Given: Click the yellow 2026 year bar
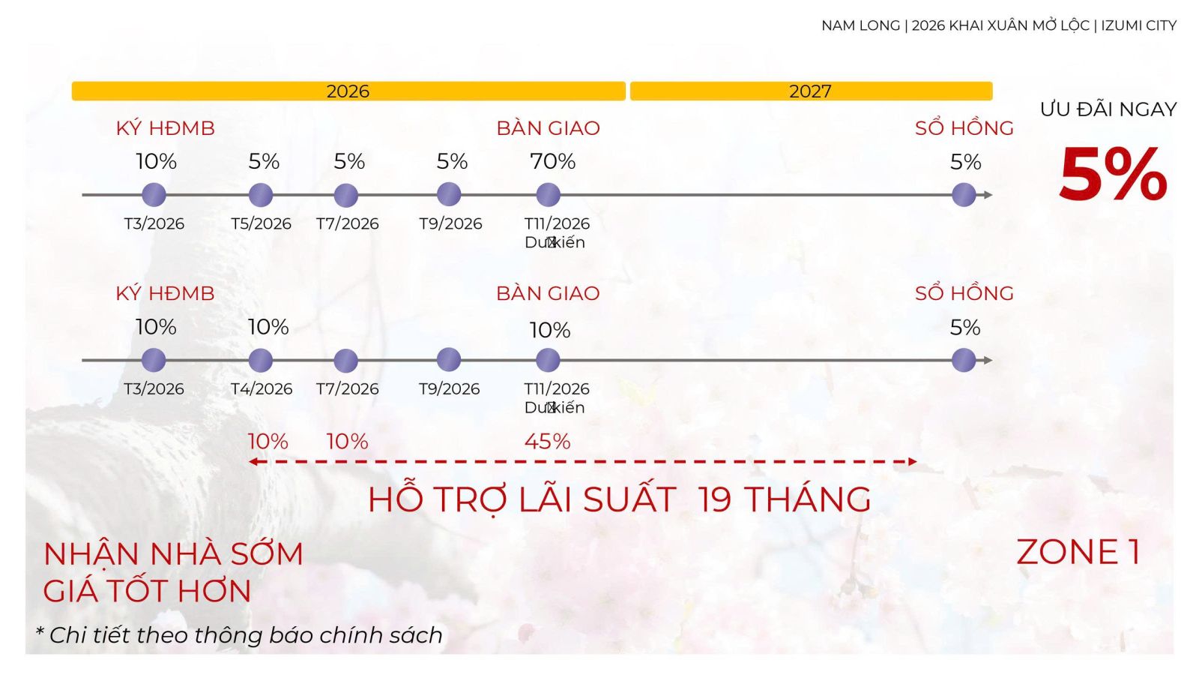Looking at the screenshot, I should pyautogui.click(x=348, y=91).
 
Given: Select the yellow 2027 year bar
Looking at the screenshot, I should pyautogui.click(x=811, y=91).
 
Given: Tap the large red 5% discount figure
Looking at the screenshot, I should pyautogui.click(x=1113, y=175).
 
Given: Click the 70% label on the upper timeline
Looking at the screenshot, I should pyautogui.click(x=552, y=161).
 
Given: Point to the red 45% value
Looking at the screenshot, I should pyautogui.click(x=547, y=441).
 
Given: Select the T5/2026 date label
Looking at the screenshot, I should pyautogui.click(x=261, y=223).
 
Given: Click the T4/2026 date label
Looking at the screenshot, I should pyautogui.click(x=261, y=388).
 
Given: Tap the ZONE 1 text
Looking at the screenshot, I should pyautogui.click(x=1078, y=552).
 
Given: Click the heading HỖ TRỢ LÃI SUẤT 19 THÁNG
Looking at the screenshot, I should pyautogui.click(x=619, y=499).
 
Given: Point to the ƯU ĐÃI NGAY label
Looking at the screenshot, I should pyautogui.click(x=1108, y=109).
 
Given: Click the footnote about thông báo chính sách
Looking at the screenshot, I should pyautogui.click(x=240, y=635).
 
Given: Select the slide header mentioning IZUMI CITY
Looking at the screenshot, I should pyautogui.click(x=999, y=25).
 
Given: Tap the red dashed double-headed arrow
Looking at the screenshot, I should pyautogui.click(x=582, y=461).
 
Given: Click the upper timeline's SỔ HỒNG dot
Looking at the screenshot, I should pyautogui.click(x=964, y=195).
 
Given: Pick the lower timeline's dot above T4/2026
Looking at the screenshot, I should pyautogui.click(x=260, y=360).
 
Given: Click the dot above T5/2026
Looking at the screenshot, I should pyautogui.click(x=260, y=195).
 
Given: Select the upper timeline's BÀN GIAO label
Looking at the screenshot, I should pyautogui.click(x=548, y=128).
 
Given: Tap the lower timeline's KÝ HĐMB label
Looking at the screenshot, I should pyautogui.click(x=165, y=293).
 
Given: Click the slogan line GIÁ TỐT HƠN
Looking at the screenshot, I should pyautogui.click(x=147, y=591).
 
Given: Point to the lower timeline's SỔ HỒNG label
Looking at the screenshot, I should pyautogui.click(x=964, y=293).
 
